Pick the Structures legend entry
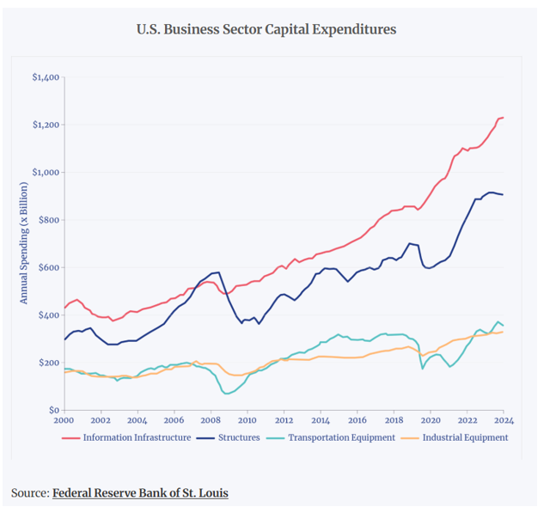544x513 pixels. point(239,437)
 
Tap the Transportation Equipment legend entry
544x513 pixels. point(340,437)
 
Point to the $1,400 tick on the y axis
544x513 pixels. point(45,78)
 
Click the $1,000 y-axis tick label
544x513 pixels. point(45,173)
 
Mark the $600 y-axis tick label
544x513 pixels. point(48,268)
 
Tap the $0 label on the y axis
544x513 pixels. point(53,410)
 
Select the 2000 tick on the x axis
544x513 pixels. point(64,421)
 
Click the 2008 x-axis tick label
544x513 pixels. point(211,421)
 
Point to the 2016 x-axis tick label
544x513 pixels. point(357,421)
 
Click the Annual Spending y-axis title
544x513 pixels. point(25,244)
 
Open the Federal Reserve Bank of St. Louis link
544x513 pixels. point(140,493)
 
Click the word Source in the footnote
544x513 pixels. point(29,493)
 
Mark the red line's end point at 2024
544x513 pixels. point(503,117)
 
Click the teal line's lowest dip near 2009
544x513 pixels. point(228,394)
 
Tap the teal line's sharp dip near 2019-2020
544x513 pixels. point(422,369)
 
